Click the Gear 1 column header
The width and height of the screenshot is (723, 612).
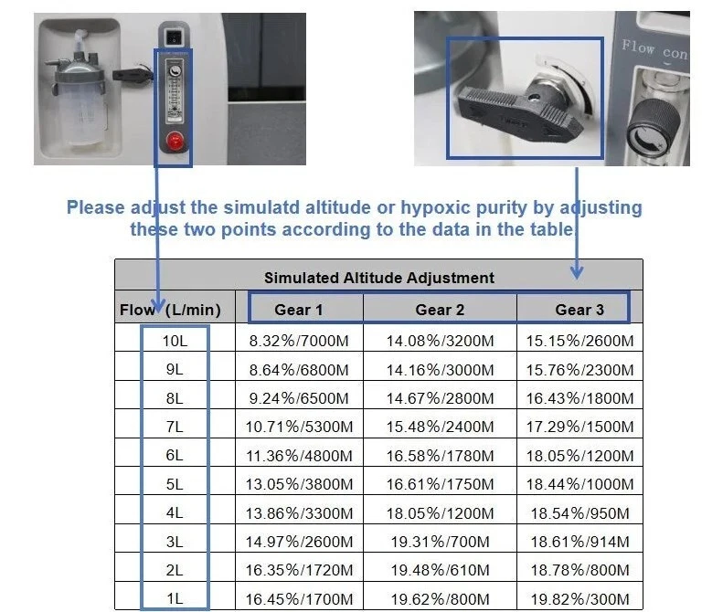tap(299, 310)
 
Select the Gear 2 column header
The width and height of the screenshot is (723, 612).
tap(440, 310)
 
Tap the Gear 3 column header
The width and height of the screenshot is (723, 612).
tap(579, 310)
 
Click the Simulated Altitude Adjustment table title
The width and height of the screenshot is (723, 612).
tap(378, 278)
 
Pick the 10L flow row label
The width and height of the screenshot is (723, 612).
tap(174, 342)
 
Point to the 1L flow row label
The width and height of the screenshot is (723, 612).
tap(174, 598)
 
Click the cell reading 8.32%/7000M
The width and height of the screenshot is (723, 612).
tap(299, 342)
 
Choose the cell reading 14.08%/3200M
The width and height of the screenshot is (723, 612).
tap(440, 342)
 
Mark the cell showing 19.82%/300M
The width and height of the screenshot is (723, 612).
tap(579, 598)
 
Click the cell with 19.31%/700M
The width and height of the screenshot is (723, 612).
tap(440, 542)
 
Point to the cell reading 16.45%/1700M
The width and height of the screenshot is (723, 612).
tap(299, 598)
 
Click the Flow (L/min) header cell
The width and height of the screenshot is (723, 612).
tap(170, 310)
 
